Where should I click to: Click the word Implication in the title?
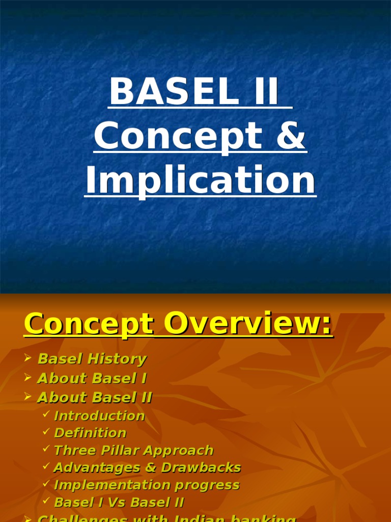200,180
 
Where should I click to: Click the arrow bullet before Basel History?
29,358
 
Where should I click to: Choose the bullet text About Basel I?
92,378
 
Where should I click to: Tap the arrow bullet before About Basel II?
29,397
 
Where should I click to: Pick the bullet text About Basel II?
95,398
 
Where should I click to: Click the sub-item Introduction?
99,416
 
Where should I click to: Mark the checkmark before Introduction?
46,415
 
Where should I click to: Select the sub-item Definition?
90,433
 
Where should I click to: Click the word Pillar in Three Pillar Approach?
122,451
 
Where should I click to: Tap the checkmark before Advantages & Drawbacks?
46,467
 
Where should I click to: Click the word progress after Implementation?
212,485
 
